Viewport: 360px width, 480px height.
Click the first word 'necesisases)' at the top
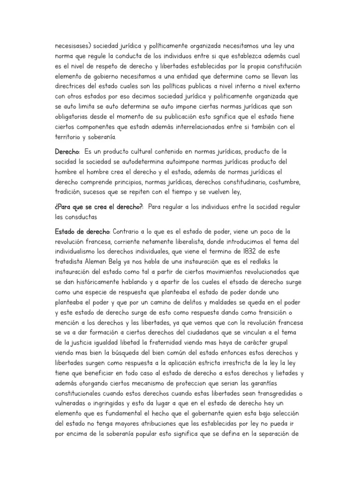(73, 46)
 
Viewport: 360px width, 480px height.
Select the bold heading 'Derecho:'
(67, 152)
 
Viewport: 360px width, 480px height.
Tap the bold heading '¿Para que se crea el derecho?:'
(98, 207)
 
